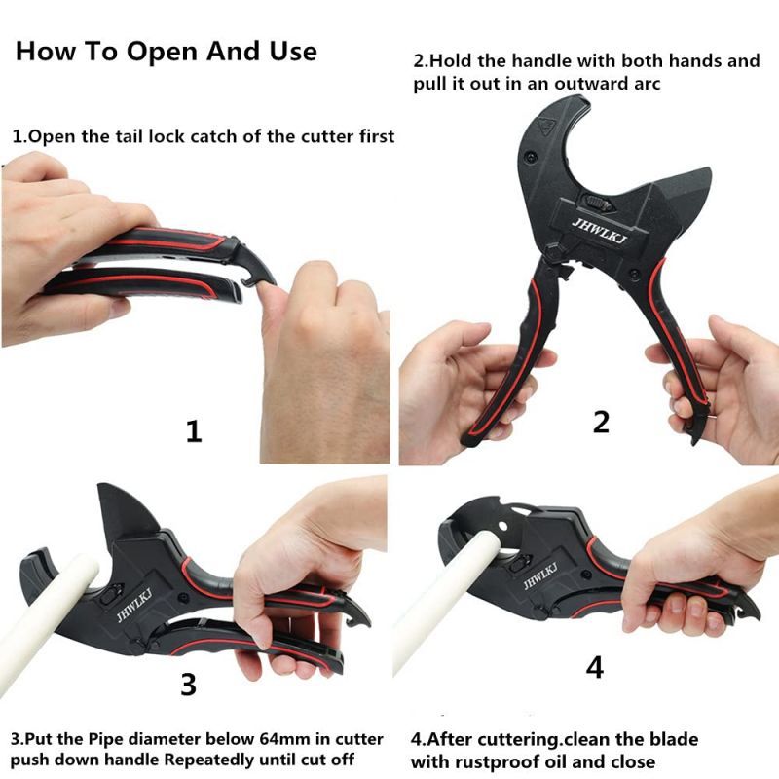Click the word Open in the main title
[x=162, y=53]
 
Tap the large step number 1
[x=194, y=431]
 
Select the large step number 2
[x=601, y=423]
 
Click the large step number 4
[x=595, y=667]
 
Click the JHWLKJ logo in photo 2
[x=600, y=231]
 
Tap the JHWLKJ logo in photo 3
[x=134, y=604]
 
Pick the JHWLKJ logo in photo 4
[x=540, y=575]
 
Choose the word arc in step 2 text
[x=648, y=84]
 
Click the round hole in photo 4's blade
[x=503, y=526]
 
